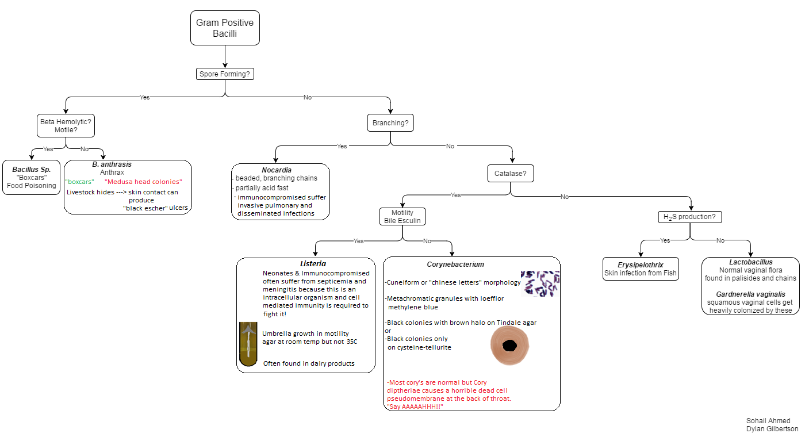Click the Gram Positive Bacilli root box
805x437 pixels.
(x=225, y=28)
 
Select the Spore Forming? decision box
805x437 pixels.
(x=225, y=74)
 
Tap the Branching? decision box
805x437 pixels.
(x=390, y=123)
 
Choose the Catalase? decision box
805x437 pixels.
(x=511, y=174)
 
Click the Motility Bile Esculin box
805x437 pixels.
(x=402, y=217)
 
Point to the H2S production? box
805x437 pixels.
(x=689, y=217)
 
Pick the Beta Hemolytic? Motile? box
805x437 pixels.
(x=66, y=126)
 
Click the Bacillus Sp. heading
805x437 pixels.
(x=32, y=169)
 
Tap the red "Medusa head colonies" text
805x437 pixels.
(x=143, y=182)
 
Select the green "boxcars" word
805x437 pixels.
(x=79, y=182)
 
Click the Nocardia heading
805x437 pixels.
(x=277, y=170)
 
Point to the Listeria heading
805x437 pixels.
(x=313, y=263)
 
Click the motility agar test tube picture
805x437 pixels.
(x=248, y=344)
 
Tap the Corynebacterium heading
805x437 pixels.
(x=455, y=264)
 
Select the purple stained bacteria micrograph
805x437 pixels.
(x=540, y=283)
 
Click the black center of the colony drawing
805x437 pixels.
(x=509, y=346)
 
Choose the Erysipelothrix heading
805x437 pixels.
(x=641, y=265)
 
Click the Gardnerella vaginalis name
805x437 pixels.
(x=750, y=294)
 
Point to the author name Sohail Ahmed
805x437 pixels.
(x=768, y=421)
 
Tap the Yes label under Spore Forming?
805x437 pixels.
(x=144, y=97)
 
